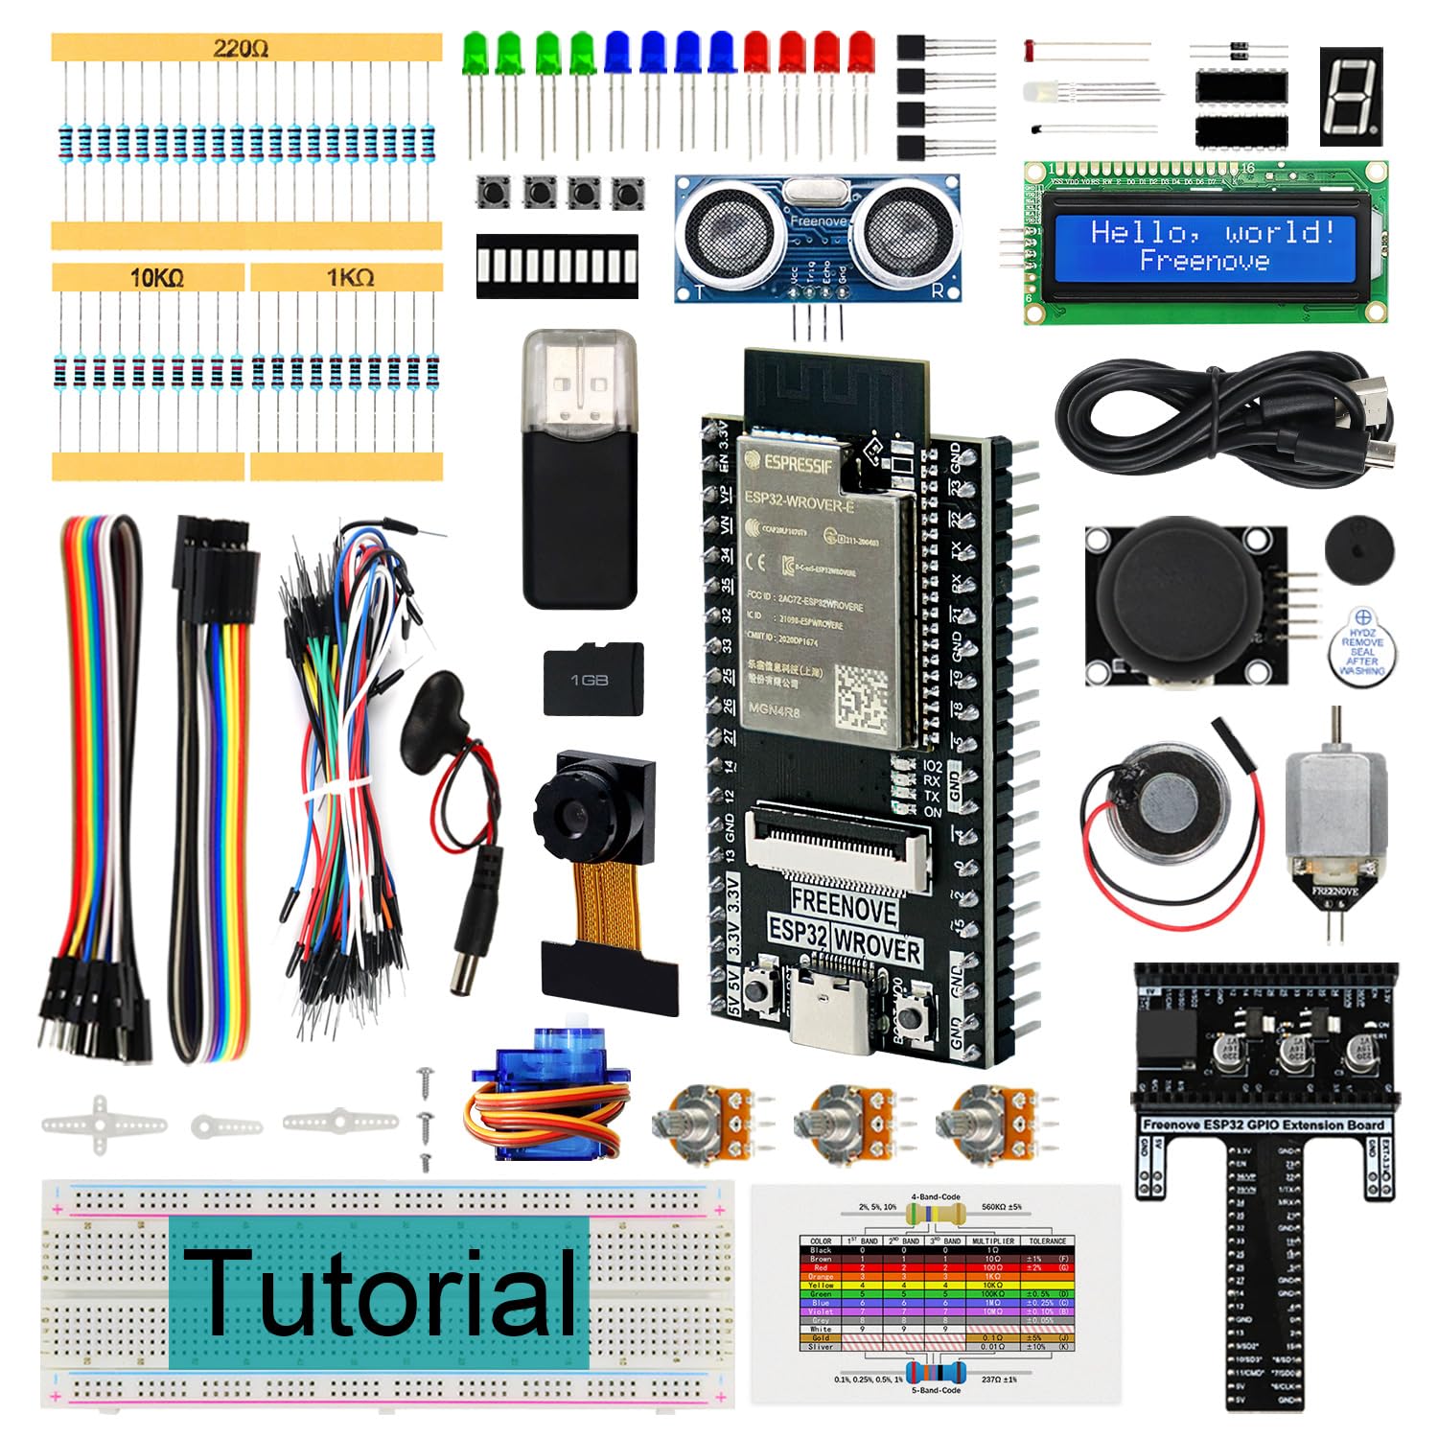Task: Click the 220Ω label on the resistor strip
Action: click(x=241, y=48)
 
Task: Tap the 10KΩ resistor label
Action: click(x=157, y=278)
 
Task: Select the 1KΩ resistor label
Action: click(x=350, y=278)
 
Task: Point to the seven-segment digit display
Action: click(x=1350, y=96)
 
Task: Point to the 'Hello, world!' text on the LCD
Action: click(x=1212, y=232)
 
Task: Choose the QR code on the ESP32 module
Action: click(x=869, y=698)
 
